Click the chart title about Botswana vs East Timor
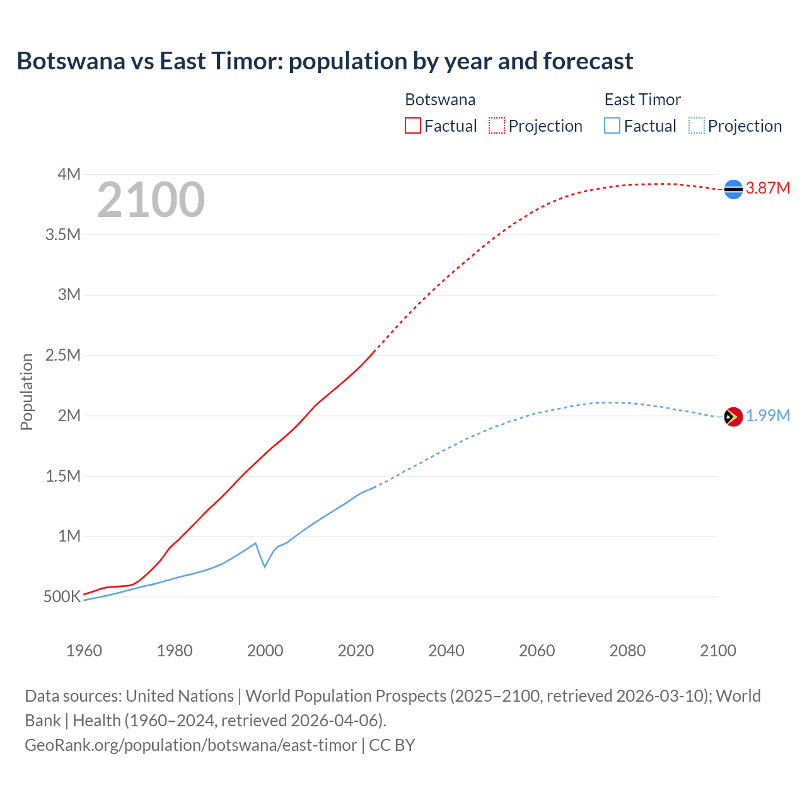tap(325, 61)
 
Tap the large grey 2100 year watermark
tap(151, 200)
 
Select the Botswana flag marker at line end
tap(733, 189)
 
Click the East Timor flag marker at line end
tap(733, 417)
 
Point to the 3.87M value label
tap(767, 188)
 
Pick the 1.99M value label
tap(767, 416)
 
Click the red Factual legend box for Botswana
tap(412, 125)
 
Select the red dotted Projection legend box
tap(497, 125)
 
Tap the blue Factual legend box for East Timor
tap(612, 125)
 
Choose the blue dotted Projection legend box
tap(697, 125)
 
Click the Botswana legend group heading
tap(440, 100)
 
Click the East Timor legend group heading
tap(642, 100)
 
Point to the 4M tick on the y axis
tap(69, 174)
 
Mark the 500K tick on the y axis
tap(62, 596)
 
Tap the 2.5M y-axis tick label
tap(63, 355)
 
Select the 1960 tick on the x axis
tap(84, 651)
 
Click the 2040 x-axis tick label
tap(446, 651)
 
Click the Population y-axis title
tap(26, 392)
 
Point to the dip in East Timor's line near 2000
tap(265, 566)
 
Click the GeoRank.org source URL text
tap(190, 745)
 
